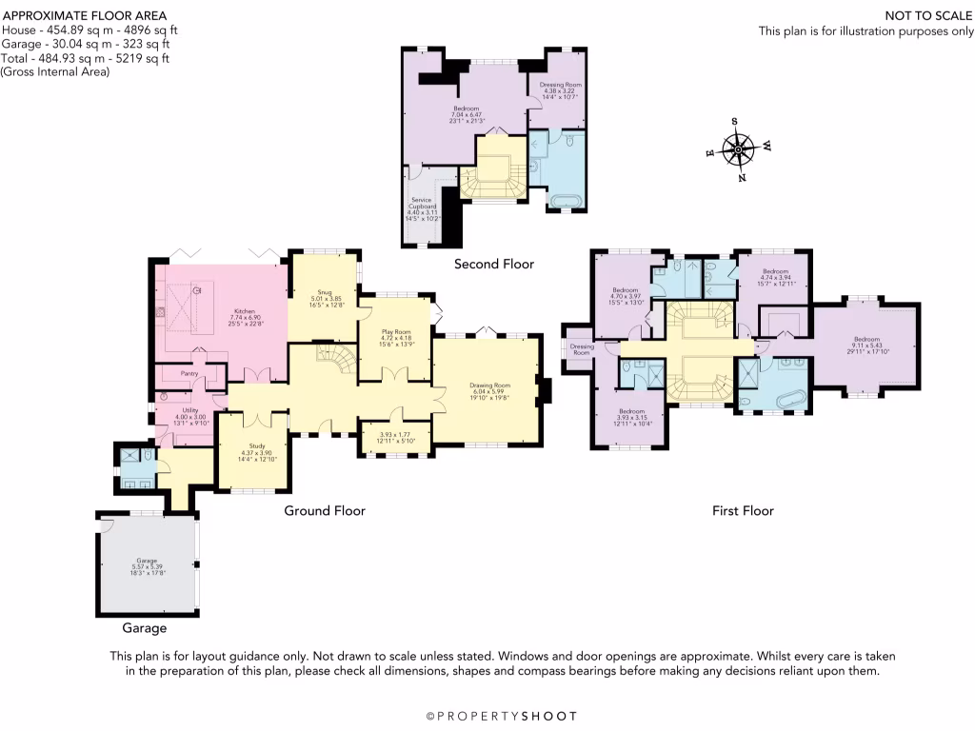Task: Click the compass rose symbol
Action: pyautogui.click(x=739, y=149)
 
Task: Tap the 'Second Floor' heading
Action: pyautogui.click(x=493, y=264)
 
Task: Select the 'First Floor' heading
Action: pyautogui.click(x=743, y=511)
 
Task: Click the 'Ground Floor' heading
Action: pyautogui.click(x=325, y=511)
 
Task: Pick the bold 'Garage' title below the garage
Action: pyautogui.click(x=144, y=628)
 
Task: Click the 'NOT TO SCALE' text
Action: pyautogui.click(x=920, y=16)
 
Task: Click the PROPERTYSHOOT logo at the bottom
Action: pyautogui.click(x=501, y=716)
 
